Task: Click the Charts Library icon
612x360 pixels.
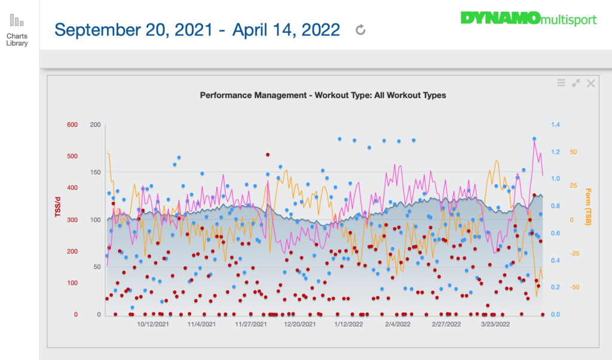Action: click(x=17, y=21)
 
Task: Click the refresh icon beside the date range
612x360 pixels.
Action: click(x=360, y=29)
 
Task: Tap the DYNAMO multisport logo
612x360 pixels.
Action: click(x=528, y=19)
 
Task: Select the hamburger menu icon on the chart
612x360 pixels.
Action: click(x=561, y=83)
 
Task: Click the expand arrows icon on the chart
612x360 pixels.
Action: click(x=576, y=83)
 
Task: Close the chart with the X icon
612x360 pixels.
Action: click(x=590, y=83)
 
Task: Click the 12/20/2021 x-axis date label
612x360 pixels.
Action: click(x=299, y=325)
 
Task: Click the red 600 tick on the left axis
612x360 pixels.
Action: click(x=72, y=125)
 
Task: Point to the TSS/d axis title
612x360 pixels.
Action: click(x=59, y=204)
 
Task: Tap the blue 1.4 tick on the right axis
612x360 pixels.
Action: click(x=555, y=125)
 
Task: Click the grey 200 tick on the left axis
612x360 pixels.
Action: click(x=94, y=125)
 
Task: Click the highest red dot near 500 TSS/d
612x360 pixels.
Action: click(x=268, y=155)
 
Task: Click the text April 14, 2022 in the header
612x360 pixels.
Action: click(x=286, y=29)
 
